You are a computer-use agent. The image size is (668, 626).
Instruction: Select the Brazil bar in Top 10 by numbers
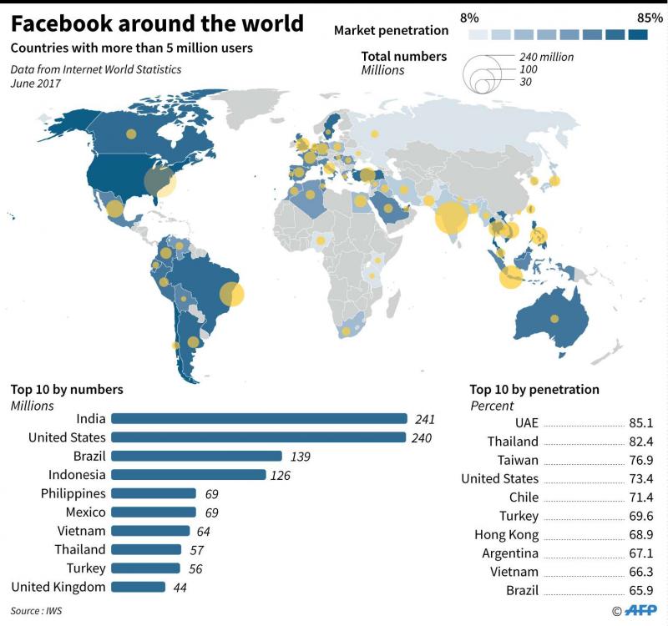[196, 457]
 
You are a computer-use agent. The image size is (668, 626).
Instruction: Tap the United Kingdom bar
[138, 587]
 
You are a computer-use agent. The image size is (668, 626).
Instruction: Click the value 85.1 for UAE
[640, 422]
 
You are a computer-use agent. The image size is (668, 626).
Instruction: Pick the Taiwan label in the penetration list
[519, 460]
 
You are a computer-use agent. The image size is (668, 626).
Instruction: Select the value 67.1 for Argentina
[640, 553]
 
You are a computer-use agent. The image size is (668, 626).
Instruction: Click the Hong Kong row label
[506, 534]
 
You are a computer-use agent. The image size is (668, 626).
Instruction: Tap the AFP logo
[641, 610]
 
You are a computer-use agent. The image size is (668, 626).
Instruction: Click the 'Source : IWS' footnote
[36, 611]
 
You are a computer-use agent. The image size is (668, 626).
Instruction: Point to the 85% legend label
[649, 17]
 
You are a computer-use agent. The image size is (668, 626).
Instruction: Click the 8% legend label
[470, 17]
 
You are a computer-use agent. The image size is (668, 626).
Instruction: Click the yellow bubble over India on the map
[451, 219]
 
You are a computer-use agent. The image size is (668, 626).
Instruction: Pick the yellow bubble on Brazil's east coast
[231, 295]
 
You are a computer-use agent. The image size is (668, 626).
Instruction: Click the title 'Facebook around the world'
[157, 22]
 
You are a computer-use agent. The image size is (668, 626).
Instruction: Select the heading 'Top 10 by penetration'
[534, 389]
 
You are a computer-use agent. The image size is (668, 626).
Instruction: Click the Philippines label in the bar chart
[73, 493]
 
